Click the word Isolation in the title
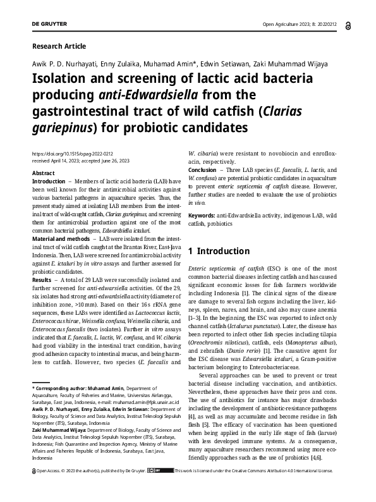(x=61, y=82)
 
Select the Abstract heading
(x=43, y=173)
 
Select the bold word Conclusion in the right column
(x=205, y=169)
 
